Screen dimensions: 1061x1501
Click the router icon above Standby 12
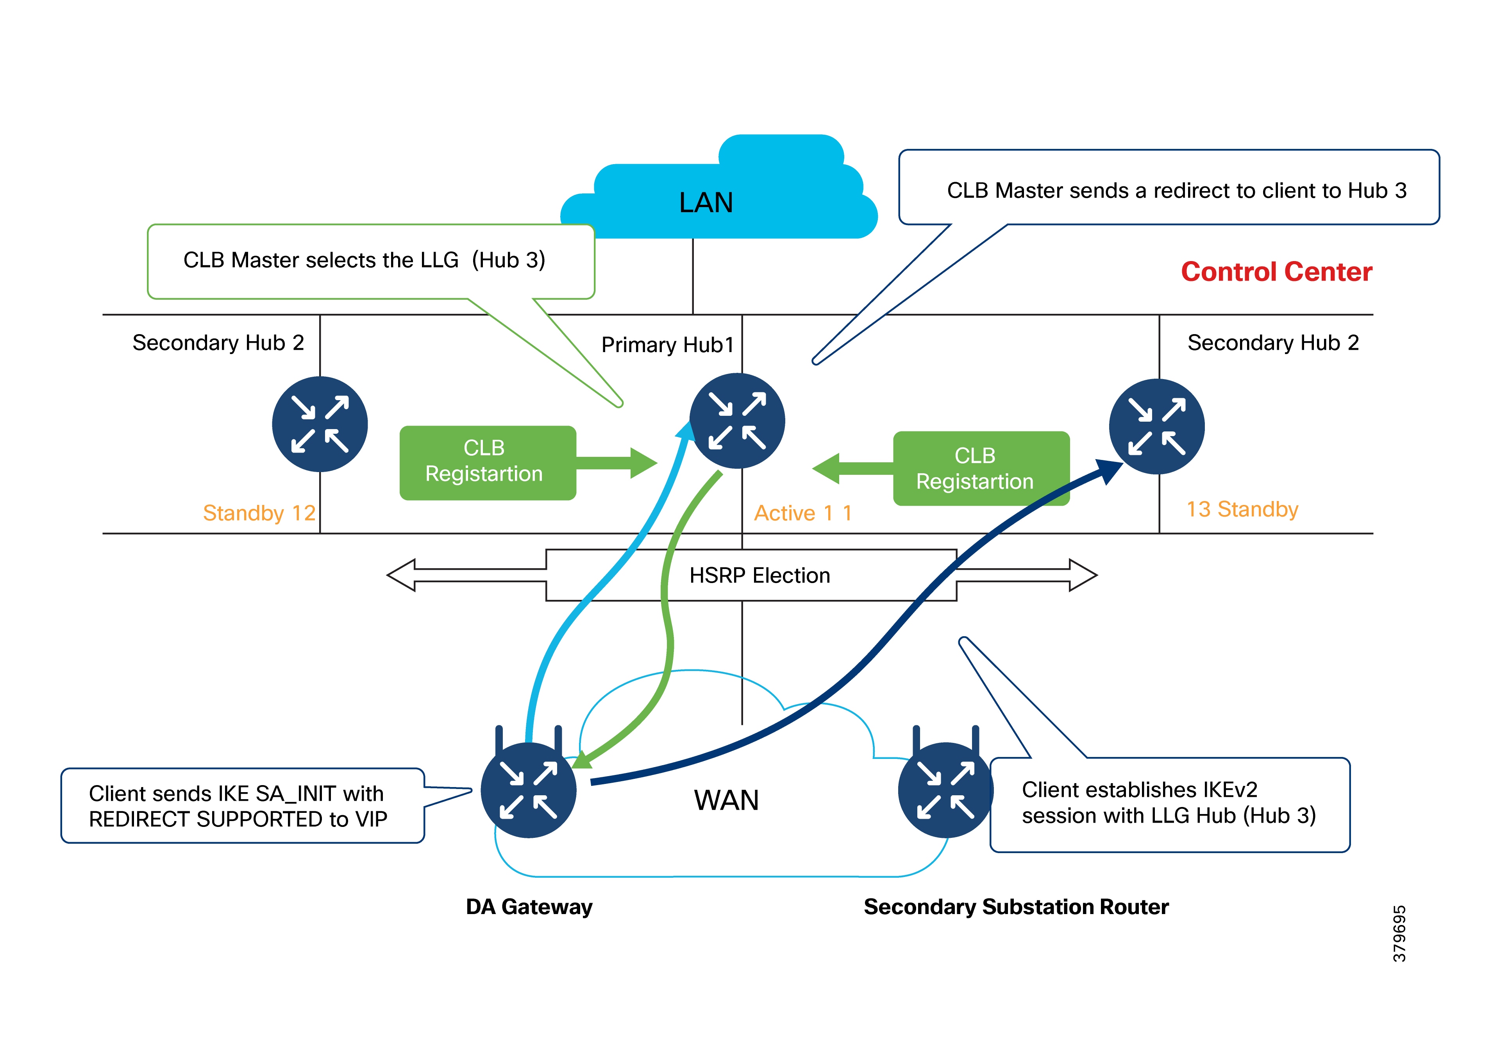[x=320, y=424]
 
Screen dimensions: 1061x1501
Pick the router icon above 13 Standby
[x=1156, y=426]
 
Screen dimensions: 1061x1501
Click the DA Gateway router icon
[x=528, y=789]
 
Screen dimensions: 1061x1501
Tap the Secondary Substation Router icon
[x=945, y=789]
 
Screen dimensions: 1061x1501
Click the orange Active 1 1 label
[x=803, y=513]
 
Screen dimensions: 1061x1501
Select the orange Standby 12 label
[x=259, y=513]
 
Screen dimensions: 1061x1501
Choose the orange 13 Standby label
[x=1242, y=509]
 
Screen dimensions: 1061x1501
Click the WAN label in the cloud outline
[x=726, y=800]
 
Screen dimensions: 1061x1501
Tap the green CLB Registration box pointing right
[x=487, y=462]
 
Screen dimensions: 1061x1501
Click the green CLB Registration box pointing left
[x=981, y=468]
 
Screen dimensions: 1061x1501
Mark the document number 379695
[x=1399, y=934]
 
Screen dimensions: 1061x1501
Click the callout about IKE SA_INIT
[x=242, y=806]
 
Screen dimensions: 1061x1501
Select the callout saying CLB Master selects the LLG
[x=370, y=260]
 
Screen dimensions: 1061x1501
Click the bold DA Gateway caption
[x=529, y=907]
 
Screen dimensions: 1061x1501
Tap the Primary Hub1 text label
[x=667, y=345]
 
